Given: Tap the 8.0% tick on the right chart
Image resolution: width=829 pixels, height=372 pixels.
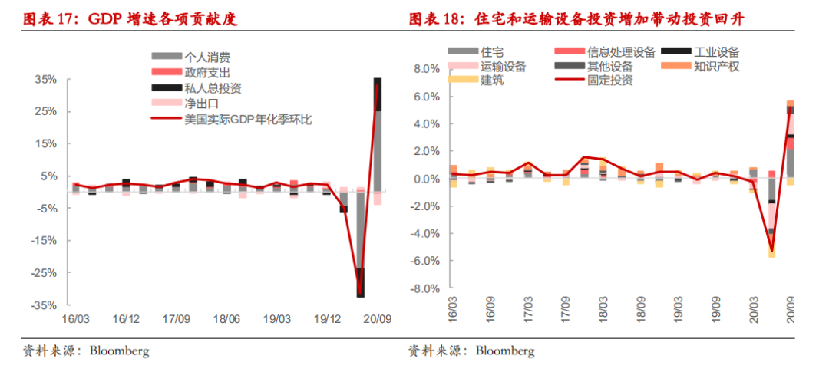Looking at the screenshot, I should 425,68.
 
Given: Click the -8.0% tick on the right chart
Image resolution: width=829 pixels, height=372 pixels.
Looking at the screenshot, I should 424,289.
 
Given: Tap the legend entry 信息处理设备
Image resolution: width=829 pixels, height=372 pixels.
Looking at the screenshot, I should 621,52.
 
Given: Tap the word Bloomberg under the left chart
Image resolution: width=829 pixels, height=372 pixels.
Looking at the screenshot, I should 119,352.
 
